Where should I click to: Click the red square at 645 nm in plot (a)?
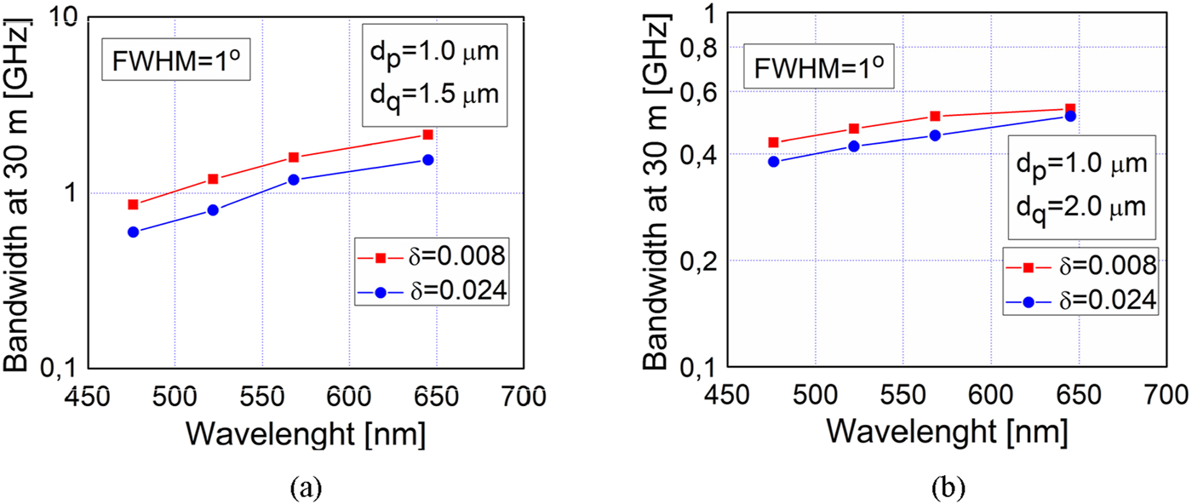point(427,135)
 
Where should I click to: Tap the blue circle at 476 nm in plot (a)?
point(133,232)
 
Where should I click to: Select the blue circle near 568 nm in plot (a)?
point(293,180)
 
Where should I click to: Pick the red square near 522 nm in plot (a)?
point(213,179)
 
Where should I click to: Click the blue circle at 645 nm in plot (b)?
point(1071,116)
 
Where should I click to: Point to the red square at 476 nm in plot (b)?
point(773,142)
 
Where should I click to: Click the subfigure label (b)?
point(948,488)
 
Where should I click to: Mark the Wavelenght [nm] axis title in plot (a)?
point(306,433)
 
